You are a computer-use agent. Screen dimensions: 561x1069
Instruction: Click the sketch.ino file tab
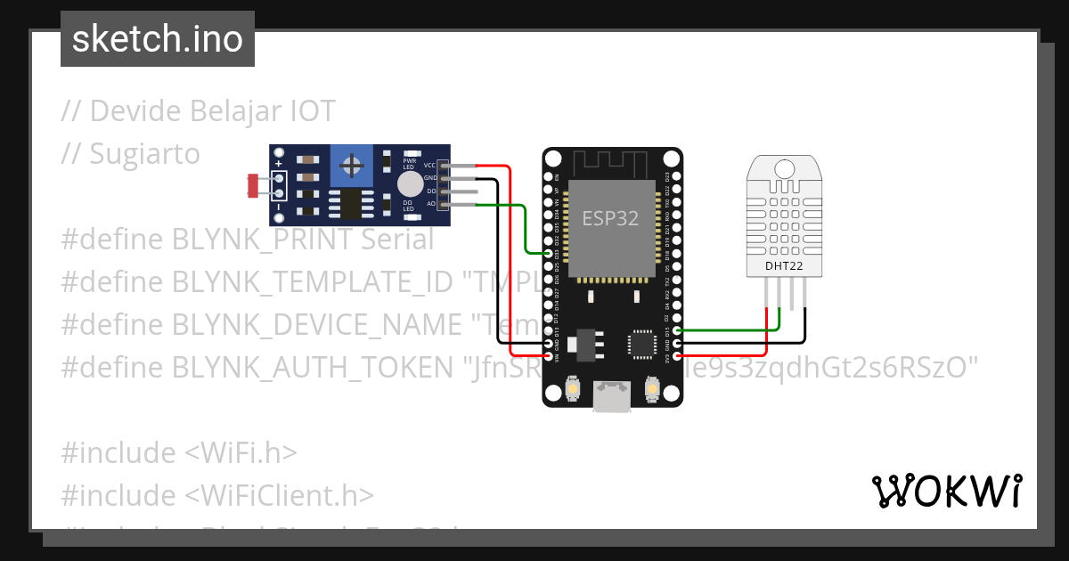(158, 39)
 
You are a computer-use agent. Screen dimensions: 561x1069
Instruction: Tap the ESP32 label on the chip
(610, 218)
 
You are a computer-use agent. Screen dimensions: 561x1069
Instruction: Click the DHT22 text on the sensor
(784, 265)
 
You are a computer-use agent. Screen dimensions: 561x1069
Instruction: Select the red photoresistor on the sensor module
(253, 185)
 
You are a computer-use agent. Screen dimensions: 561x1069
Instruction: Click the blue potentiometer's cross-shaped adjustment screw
(353, 165)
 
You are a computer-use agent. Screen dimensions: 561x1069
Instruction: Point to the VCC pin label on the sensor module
(429, 166)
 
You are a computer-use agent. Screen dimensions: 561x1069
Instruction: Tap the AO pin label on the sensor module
(431, 204)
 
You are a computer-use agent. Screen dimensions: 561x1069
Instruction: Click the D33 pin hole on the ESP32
(548, 254)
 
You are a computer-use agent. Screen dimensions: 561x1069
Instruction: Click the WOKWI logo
(946, 491)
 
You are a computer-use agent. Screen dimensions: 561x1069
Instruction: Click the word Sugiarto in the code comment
(144, 154)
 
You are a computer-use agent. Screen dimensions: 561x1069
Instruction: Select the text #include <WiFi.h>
(178, 452)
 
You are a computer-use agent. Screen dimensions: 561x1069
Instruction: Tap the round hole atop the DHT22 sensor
(784, 168)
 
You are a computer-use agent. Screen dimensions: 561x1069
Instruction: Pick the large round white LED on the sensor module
(410, 184)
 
